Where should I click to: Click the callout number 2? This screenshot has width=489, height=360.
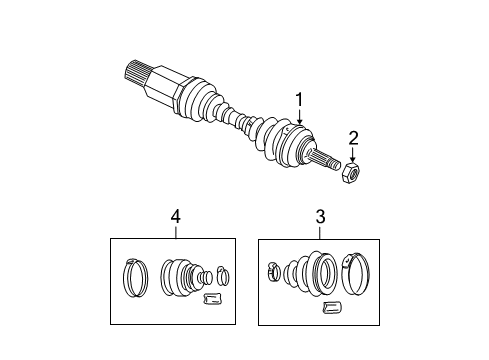(x=351, y=137)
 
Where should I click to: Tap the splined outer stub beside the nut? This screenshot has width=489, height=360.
(x=326, y=160)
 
